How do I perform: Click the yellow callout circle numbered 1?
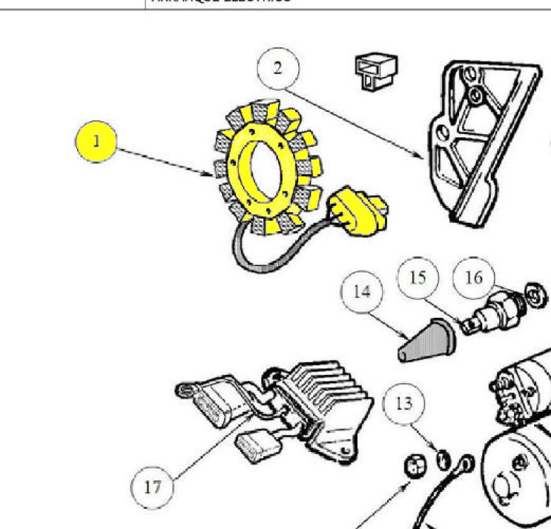click(x=95, y=142)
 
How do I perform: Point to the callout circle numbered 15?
click(x=418, y=278)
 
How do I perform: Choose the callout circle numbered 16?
click(x=474, y=277)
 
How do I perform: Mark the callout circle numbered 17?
click(x=152, y=486)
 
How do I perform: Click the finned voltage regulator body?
click(x=324, y=401)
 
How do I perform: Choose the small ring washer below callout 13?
click(x=443, y=458)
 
